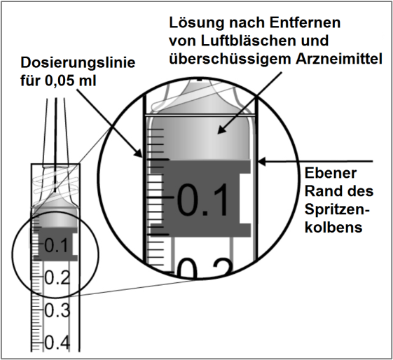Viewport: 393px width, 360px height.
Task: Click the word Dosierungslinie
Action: pyautogui.click(x=78, y=62)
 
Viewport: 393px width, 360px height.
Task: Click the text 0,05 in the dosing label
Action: pyautogui.click(x=60, y=81)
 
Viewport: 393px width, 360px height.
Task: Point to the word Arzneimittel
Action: pyautogui.click(x=339, y=59)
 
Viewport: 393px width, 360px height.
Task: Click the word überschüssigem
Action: pyautogui.click(x=230, y=60)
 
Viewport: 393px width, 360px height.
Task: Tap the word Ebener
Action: pyautogui.click(x=331, y=173)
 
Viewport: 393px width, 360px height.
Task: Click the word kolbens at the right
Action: pyautogui.click(x=333, y=228)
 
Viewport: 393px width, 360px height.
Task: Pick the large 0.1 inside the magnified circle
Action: pyautogui.click(x=203, y=200)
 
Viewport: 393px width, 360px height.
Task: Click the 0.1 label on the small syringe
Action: pyautogui.click(x=56, y=246)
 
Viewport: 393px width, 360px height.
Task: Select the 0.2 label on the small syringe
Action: pyautogui.click(x=57, y=277)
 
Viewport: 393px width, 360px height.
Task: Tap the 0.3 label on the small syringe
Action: pyautogui.click(x=57, y=310)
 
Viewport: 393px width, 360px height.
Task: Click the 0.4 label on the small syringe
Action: pyautogui.click(x=57, y=342)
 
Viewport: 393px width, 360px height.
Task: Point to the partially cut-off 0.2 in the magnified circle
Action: pyautogui.click(x=204, y=268)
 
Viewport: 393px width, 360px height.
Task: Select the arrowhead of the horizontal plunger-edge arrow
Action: pyautogui.click(x=262, y=161)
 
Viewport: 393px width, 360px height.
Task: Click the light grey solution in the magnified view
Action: pyautogui.click(x=200, y=138)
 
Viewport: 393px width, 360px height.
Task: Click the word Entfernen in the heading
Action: pyautogui.click(x=305, y=23)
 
